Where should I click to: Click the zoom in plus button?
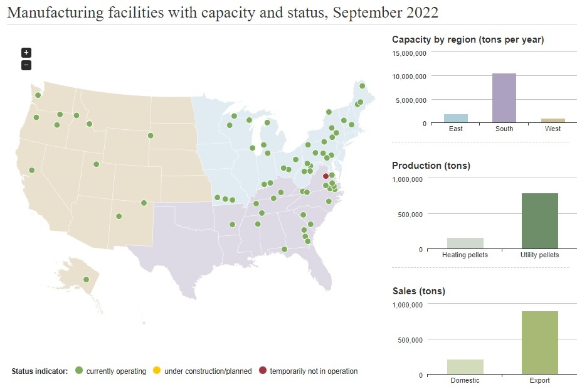coord(26,53)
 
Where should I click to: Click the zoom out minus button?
coord(26,65)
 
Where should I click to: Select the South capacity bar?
coord(504,99)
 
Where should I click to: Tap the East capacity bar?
coord(456,119)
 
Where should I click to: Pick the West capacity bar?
coord(553,120)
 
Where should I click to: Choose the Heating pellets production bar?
coord(465,243)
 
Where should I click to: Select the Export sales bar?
coord(539,343)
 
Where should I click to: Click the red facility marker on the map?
coord(325,176)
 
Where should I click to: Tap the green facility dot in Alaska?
coord(87,280)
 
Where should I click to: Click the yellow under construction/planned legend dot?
coord(157,371)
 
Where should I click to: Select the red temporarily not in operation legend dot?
coord(262,371)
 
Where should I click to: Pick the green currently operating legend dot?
coord(79,371)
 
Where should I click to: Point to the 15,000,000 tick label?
coord(410,53)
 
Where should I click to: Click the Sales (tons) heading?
coord(418,291)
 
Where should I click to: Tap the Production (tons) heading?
coord(431,166)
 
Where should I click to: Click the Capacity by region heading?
coord(467,40)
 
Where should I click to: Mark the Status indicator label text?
coord(40,371)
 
